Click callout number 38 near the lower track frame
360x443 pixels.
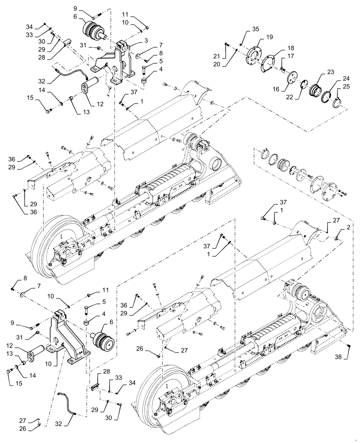point(350,357)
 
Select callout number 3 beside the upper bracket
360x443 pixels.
point(133,40)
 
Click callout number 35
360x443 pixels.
point(255,29)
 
